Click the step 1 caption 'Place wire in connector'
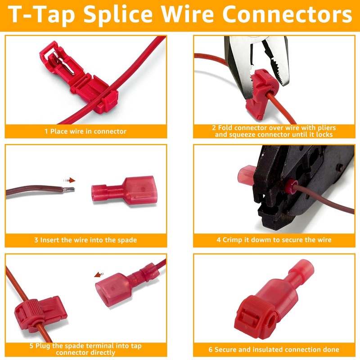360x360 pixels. pyautogui.click(x=85, y=131)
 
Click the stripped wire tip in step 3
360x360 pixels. pyautogui.click(x=69, y=190)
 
